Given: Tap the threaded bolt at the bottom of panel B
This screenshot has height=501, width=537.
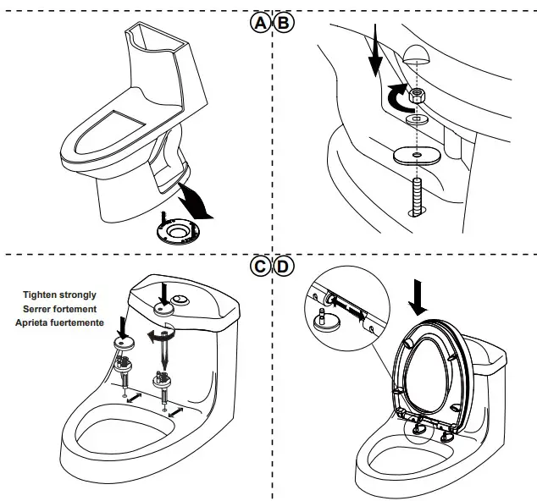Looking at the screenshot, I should [417, 196].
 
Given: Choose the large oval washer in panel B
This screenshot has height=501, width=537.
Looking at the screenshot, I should [416, 156].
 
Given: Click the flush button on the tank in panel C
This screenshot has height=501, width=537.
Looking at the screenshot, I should [180, 301].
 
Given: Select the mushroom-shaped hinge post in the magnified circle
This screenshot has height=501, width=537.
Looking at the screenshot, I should [322, 321].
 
